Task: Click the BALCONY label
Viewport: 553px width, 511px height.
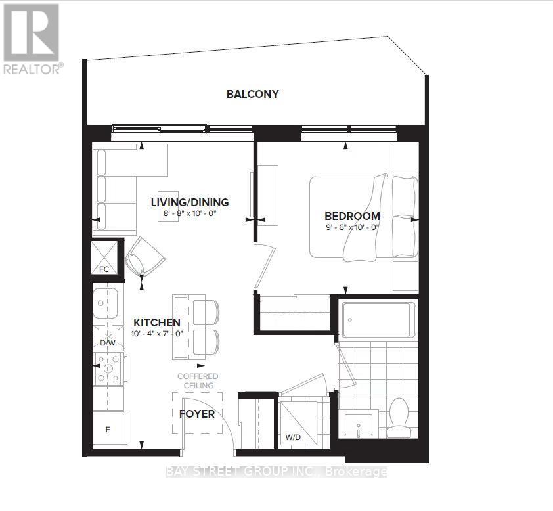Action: tap(252, 94)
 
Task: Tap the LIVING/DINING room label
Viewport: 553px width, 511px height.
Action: tap(190, 202)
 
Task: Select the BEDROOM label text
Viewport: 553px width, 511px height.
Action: tap(352, 216)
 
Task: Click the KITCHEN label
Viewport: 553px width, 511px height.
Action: tap(157, 322)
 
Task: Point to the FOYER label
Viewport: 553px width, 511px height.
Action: tap(197, 414)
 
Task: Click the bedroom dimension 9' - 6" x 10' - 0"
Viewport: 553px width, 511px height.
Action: tap(352, 227)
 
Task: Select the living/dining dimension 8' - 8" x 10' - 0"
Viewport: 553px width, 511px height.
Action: tap(190, 213)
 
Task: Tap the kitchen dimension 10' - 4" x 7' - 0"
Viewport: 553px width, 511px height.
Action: tap(157, 334)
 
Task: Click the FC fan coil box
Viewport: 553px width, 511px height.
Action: tap(104, 257)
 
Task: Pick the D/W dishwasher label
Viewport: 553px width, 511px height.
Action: tap(108, 342)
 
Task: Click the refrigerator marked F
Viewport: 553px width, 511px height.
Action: tap(109, 429)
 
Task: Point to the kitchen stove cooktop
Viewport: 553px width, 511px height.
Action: tap(108, 368)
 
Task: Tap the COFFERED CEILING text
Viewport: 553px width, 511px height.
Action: tap(198, 381)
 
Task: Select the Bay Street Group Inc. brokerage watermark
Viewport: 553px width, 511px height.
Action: tap(277, 472)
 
